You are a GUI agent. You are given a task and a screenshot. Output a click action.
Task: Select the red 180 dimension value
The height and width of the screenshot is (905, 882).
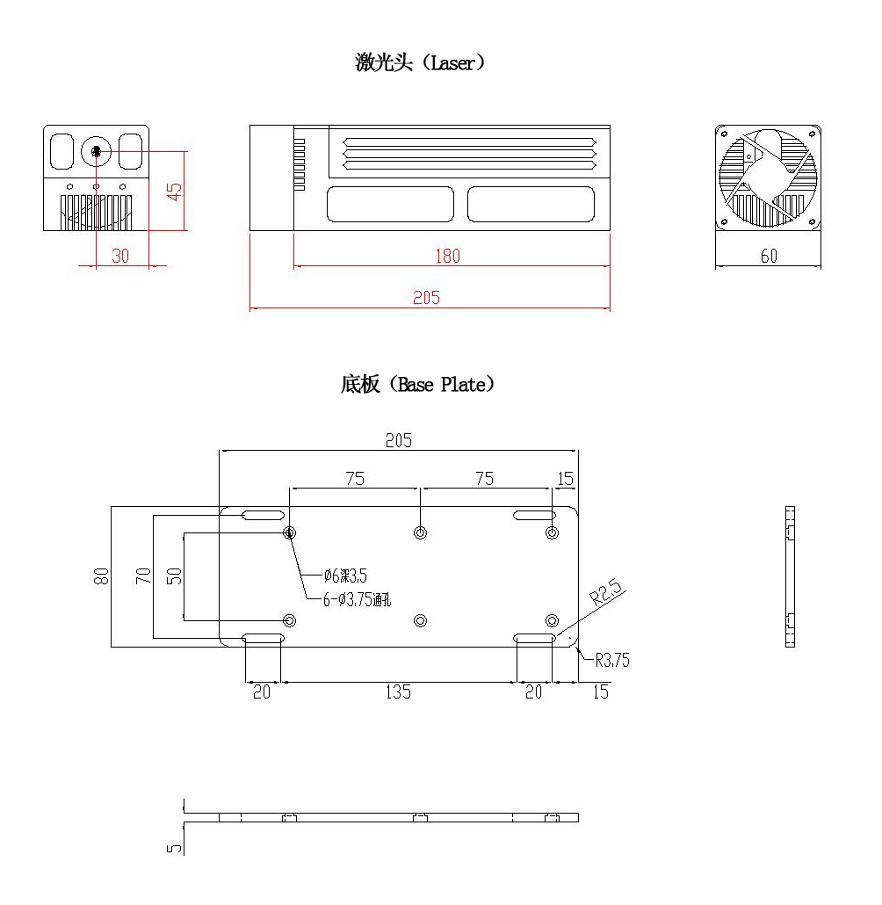tap(448, 257)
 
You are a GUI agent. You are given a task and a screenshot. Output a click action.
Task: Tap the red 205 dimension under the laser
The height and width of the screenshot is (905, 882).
tap(427, 298)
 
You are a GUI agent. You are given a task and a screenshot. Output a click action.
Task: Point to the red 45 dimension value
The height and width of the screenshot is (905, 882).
tap(175, 192)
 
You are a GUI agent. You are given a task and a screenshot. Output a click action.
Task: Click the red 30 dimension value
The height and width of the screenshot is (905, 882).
tap(120, 256)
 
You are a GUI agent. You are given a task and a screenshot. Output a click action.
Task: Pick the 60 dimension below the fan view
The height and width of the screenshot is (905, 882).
tap(768, 257)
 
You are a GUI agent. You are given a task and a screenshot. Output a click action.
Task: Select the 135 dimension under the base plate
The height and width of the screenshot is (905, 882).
tap(397, 692)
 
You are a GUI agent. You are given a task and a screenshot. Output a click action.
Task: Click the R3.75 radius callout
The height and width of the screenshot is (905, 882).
tap(612, 661)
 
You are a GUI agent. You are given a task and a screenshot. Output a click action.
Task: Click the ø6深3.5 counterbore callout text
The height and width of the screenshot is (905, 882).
tap(345, 576)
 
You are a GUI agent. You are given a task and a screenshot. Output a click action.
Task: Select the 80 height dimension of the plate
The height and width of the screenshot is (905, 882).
tap(103, 576)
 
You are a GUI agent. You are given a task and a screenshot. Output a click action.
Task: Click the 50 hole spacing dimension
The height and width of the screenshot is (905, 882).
tap(175, 576)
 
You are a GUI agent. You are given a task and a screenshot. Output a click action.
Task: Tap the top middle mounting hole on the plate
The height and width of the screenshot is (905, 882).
tap(421, 533)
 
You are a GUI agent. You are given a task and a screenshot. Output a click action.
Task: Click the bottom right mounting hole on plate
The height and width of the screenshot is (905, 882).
tap(552, 620)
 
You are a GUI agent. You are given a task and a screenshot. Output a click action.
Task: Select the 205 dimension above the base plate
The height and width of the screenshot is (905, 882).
tap(398, 441)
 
